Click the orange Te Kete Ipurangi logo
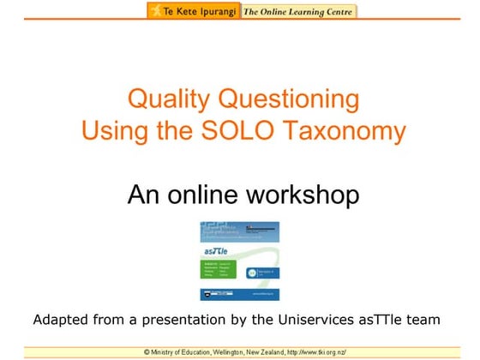193,11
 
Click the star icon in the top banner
154,11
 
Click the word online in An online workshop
211,195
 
